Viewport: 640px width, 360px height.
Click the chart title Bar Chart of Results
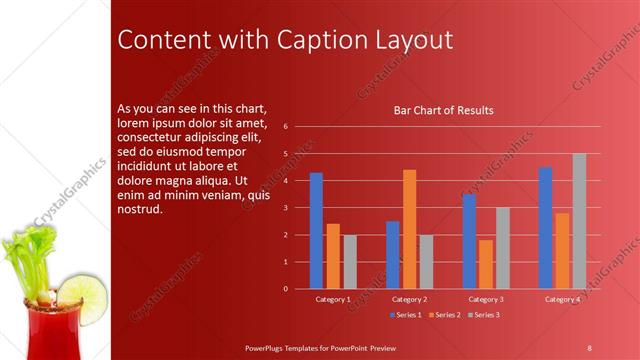coord(444,110)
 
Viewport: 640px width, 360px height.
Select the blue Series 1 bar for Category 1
coord(316,230)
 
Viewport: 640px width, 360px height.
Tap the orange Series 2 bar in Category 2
coord(409,229)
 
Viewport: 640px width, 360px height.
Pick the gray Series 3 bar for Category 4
coord(579,221)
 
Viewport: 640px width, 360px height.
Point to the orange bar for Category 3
coord(485,264)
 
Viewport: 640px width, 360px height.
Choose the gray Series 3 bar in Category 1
coord(350,262)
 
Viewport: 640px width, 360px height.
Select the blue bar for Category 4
coord(545,227)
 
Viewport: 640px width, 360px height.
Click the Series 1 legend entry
coord(404,315)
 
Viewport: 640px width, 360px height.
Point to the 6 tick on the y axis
coord(286,127)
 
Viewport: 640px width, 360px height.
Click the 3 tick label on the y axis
coord(286,208)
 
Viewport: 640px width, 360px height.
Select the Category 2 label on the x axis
coord(409,299)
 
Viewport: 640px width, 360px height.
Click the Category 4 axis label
coord(562,299)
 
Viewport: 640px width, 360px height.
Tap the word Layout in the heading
coord(409,40)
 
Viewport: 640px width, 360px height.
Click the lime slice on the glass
coord(81,294)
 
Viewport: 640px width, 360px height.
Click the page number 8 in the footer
coord(589,346)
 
